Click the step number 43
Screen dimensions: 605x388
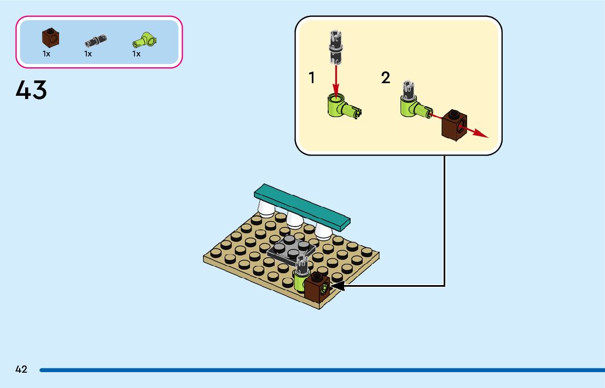(32, 90)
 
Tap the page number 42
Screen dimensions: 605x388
(21, 369)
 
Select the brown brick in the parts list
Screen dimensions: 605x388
(50, 38)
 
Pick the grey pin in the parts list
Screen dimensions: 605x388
(95, 40)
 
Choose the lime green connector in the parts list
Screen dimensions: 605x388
(144, 39)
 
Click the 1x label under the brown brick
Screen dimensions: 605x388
(46, 54)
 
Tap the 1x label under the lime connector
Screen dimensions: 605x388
(136, 54)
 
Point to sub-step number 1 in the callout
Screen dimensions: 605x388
(312, 78)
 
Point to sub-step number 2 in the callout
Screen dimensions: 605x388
(386, 78)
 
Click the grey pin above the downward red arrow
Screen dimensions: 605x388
(335, 45)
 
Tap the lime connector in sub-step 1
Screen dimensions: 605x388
(339, 105)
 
